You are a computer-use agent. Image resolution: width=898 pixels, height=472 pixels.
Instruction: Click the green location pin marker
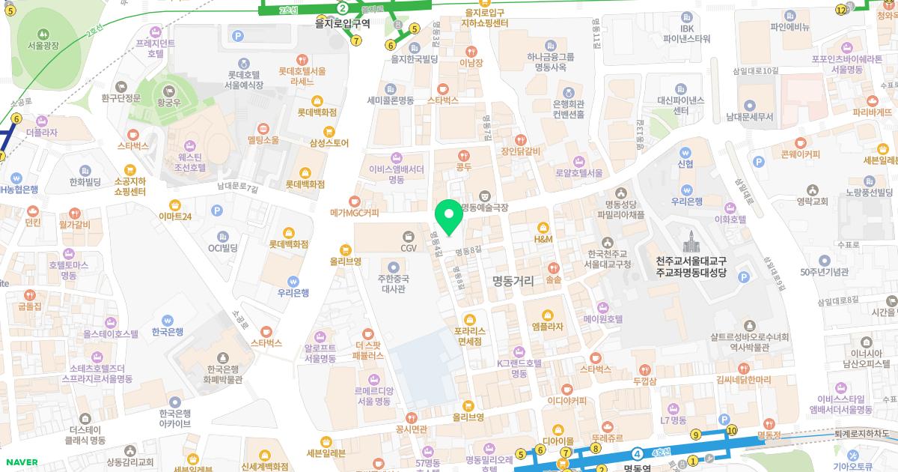pos(449,217)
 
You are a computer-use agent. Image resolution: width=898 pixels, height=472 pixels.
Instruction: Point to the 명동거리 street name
pos(513,281)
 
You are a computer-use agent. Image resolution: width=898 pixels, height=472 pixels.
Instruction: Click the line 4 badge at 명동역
pos(637,453)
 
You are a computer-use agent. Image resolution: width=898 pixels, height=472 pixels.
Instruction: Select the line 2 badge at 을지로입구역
pos(342,8)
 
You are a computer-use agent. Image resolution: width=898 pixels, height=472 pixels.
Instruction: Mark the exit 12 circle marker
pos(841,9)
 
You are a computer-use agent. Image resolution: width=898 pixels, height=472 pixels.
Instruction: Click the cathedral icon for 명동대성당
pos(689,242)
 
